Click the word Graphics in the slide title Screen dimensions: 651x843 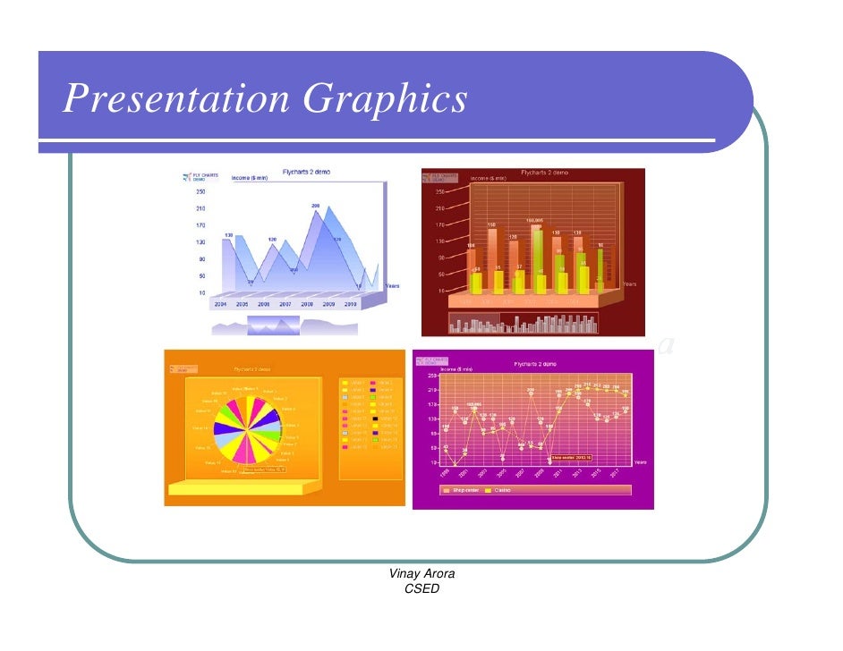pyautogui.click(x=386, y=99)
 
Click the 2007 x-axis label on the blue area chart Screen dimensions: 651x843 pyautogui.click(x=285, y=304)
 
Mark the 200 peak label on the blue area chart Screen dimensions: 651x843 pyautogui.click(x=315, y=207)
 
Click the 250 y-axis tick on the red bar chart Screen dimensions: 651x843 pyautogui.click(x=441, y=191)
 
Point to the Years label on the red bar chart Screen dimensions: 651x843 pyautogui.click(x=629, y=283)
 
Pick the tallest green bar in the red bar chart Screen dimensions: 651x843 pyautogui.click(x=537, y=259)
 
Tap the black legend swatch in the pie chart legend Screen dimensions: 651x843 pyautogui.click(x=373, y=418)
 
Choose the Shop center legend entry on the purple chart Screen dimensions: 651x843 pyautogui.click(x=462, y=490)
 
